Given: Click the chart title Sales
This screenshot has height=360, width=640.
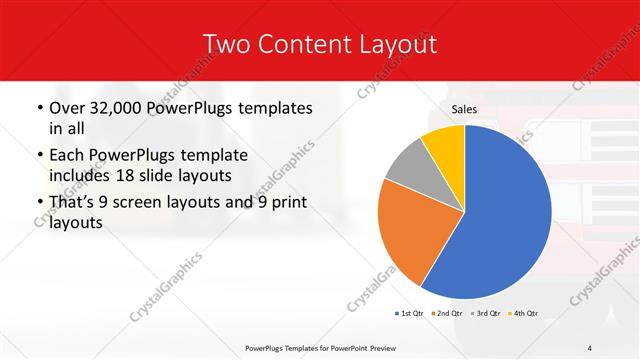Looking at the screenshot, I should point(464,108).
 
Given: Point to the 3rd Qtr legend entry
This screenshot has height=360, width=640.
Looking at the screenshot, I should point(485,314).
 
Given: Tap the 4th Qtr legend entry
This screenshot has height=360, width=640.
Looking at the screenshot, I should point(522,314).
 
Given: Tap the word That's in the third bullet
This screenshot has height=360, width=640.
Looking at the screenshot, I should point(74,203).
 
